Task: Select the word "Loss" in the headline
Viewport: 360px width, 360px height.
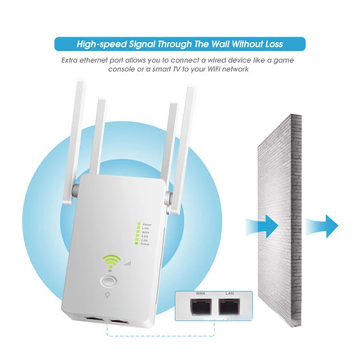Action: (272, 44)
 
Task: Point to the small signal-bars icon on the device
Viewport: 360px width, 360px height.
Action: (127, 263)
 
